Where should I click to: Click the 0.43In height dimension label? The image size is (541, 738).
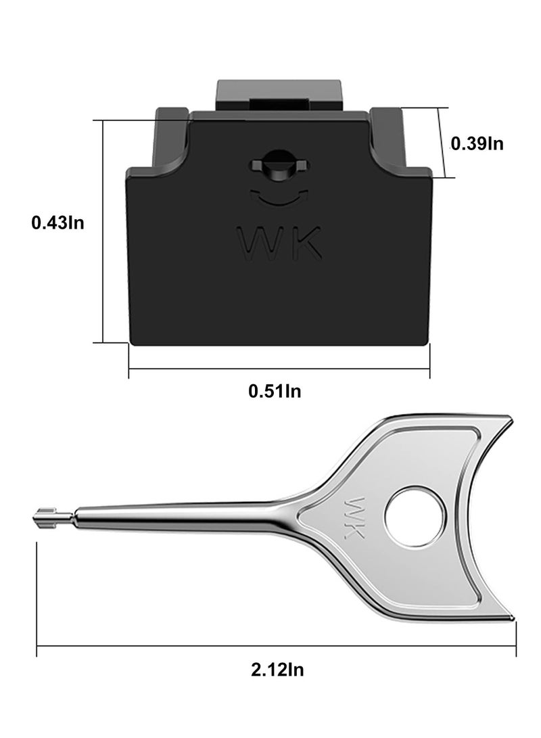click(57, 222)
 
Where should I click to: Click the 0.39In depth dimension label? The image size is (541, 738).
click(477, 143)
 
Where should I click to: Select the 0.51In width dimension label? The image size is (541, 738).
click(275, 390)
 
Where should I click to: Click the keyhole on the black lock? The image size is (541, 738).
click(278, 164)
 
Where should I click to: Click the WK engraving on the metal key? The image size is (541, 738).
click(354, 520)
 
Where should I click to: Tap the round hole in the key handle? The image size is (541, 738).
click(415, 520)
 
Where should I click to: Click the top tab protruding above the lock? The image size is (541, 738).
click(277, 96)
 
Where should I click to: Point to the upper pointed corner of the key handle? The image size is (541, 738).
click(506, 417)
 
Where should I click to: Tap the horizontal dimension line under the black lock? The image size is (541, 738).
click(279, 369)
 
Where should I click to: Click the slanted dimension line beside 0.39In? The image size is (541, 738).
click(443, 143)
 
